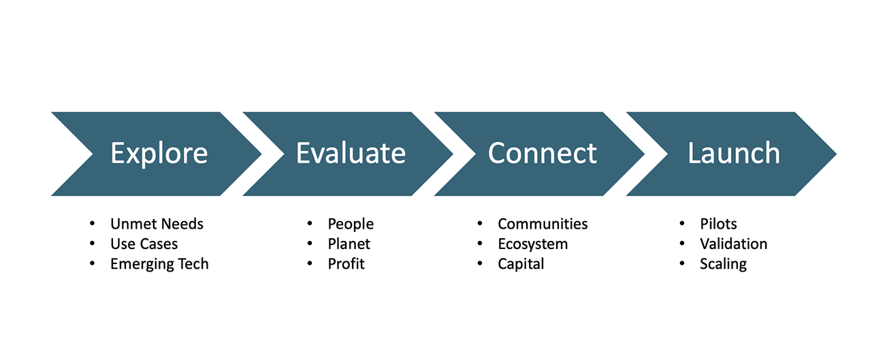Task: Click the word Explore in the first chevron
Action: click(x=159, y=154)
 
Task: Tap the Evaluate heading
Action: click(x=351, y=153)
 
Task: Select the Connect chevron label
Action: click(x=542, y=153)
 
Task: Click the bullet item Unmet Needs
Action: click(x=157, y=224)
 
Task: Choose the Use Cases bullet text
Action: click(x=144, y=244)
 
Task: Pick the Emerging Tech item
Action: click(x=159, y=264)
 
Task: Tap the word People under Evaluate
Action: click(x=351, y=224)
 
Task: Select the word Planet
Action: click(x=349, y=244)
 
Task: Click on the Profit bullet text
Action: click(x=346, y=263)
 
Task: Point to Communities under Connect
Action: click(x=543, y=224)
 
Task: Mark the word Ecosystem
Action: click(x=533, y=244)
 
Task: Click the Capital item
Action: click(x=521, y=264)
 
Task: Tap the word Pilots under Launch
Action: click(x=718, y=224)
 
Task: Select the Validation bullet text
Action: click(x=734, y=244)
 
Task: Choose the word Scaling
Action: click(x=724, y=264)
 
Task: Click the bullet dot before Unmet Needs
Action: click(x=93, y=224)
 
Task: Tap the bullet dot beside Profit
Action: click(x=310, y=263)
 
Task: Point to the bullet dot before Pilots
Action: click(x=682, y=224)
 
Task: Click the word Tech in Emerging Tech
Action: click(x=193, y=263)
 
